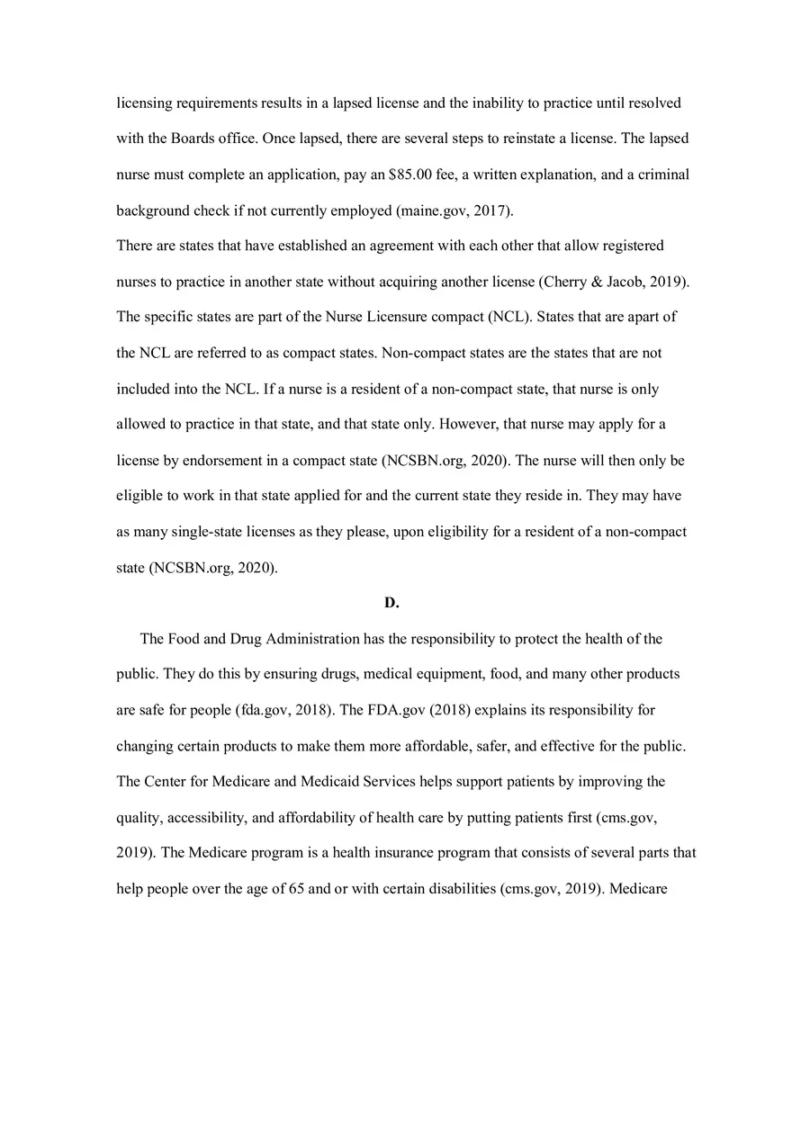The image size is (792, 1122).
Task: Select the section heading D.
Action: pos(391,603)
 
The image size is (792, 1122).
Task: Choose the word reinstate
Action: pos(512,139)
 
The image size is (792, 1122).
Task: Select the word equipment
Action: pos(446,674)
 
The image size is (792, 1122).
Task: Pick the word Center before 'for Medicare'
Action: pos(165,781)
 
